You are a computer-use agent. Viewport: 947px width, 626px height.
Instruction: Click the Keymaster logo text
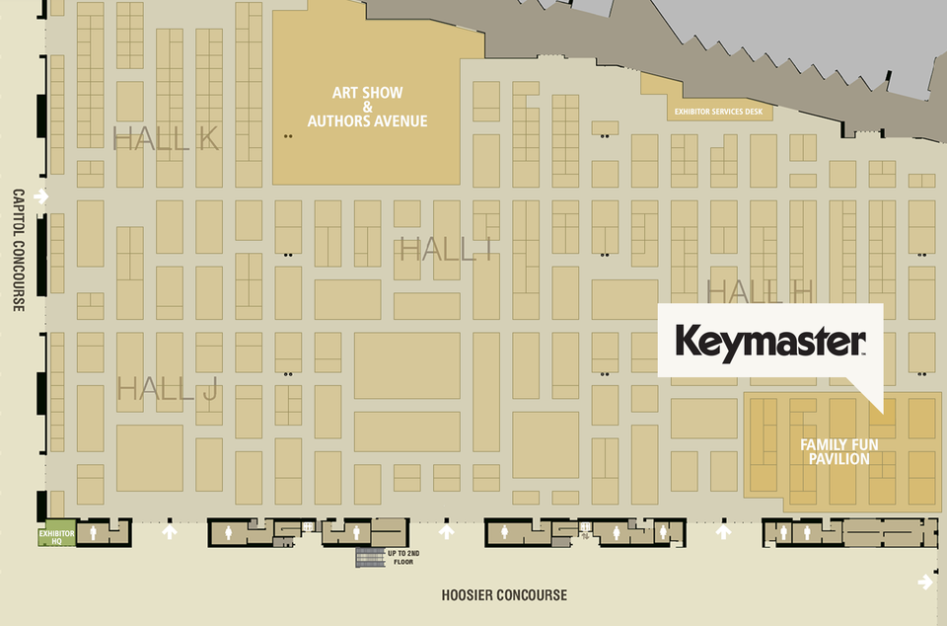click(769, 342)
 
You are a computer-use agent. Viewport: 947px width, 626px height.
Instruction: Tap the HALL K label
click(166, 139)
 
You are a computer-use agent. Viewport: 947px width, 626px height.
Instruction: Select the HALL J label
click(167, 389)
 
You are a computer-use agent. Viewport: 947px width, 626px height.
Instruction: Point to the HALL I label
click(446, 250)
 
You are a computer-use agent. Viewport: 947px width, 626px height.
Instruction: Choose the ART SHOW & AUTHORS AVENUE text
click(367, 107)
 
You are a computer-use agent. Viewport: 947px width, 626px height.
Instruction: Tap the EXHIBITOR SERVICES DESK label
click(719, 112)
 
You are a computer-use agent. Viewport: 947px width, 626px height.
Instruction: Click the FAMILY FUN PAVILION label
click(835, 452)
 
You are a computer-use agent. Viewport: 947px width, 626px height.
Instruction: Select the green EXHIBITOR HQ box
click(56, 535)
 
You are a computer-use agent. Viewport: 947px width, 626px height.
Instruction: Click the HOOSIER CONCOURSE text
click(504, 594)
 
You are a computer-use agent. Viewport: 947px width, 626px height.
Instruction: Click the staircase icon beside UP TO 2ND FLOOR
click(371, 557)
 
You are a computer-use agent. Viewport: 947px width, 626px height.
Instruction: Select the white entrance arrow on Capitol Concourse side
click(40, 196)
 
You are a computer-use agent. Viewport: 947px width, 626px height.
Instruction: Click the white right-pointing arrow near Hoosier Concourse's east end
click(924, 582)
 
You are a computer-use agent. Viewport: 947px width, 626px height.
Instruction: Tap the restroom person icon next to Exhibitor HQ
click(94, 533)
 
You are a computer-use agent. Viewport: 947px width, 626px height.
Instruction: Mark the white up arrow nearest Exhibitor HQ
click(170, 532)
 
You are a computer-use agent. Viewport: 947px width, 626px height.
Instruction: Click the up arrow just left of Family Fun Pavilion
click(723, 532)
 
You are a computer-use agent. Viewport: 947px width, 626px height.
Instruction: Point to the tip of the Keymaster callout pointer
click(881, 408)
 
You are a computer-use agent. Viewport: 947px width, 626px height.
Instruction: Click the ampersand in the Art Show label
click(367, 107)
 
